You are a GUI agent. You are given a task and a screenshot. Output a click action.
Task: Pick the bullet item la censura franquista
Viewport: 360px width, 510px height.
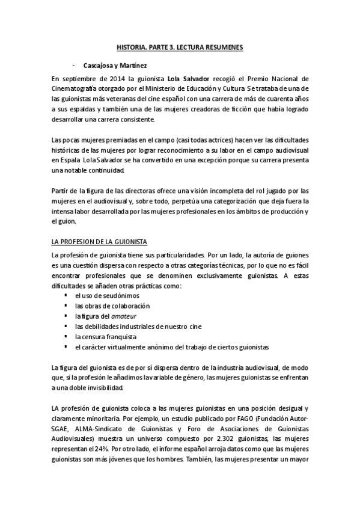pos(106,336)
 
